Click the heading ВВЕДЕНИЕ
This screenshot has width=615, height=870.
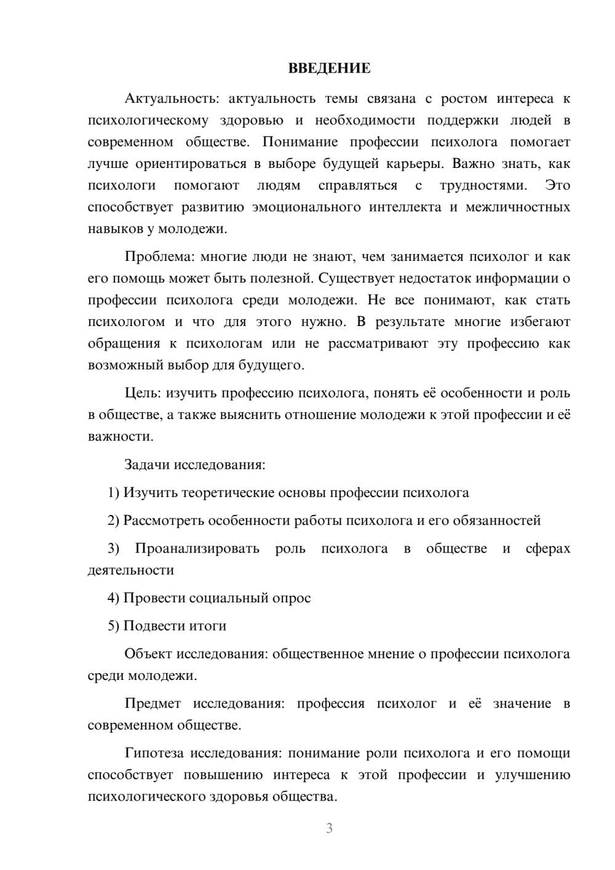click(329, 68)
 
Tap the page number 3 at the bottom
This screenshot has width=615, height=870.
click(329, 829)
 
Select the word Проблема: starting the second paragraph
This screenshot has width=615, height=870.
click(158, 257)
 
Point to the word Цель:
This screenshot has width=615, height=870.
click(143, 393)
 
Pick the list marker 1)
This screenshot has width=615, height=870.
click(114, 493)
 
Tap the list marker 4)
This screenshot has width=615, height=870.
click(114, 598)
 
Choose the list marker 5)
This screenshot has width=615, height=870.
click(114, 626)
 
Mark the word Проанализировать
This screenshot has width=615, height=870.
click(197, 549)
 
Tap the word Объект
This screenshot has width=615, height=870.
click(148, 654)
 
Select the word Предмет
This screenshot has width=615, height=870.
click(153, 703)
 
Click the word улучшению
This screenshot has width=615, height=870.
click(533, 775)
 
